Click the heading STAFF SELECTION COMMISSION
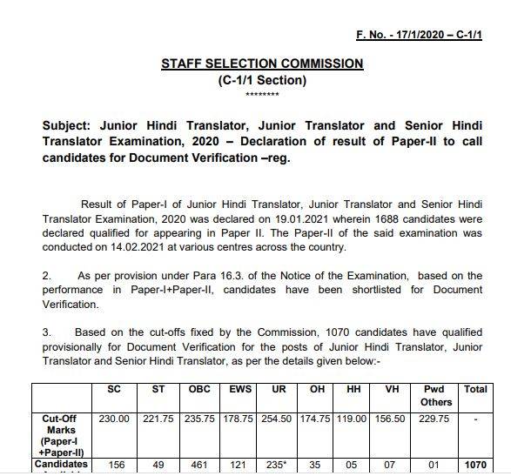coord(262,64)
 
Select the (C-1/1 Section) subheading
coord(262,80)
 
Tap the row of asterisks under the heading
coord(262,94)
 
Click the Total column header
coord(475,389)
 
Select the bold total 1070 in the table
coord(475,465)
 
